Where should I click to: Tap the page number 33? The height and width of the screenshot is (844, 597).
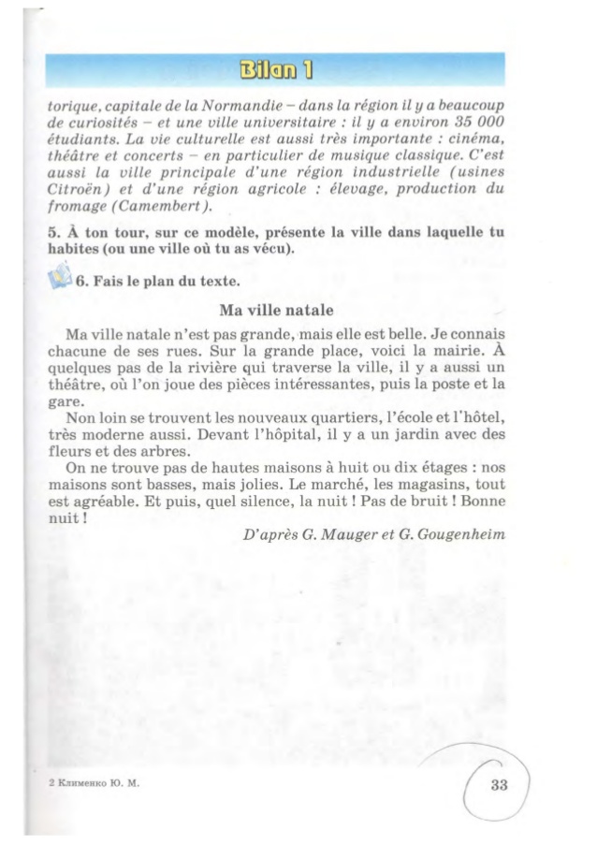coord(498,785)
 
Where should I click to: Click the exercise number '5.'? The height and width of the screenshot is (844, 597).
coord(53,231)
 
